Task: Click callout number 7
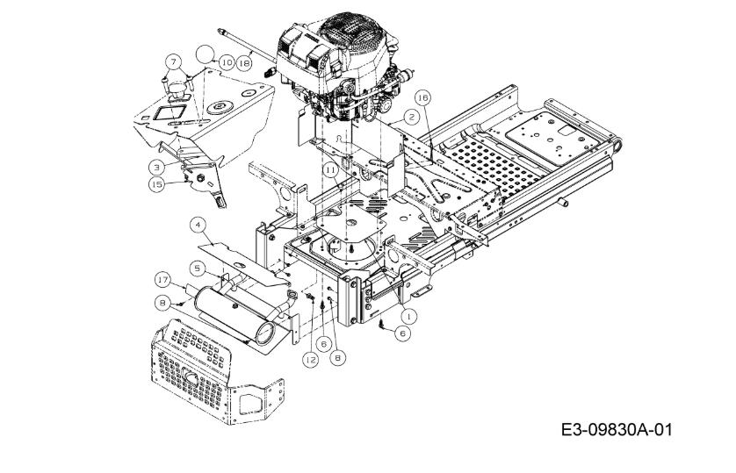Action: (x=173, y=62)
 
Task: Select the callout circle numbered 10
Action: (x=227, y=62)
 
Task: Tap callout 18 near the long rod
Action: (x=244, y=62)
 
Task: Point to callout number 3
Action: (x=157, y=167)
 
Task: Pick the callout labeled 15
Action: (x=157, y=184)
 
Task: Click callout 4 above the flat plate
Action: (x=198, y=226)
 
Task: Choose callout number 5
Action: (x=198, y=269)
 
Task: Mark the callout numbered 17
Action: (x=162, y=280)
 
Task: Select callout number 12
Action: (x=310, y=360)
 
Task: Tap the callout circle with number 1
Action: (x=408, y=317)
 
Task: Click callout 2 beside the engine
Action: (x=411, y=117)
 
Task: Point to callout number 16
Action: (x=422, y=97)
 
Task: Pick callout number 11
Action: (x=330, y=169)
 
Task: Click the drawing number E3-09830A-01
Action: (x=616, y=429)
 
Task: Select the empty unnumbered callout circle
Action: (x=205, y=54)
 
